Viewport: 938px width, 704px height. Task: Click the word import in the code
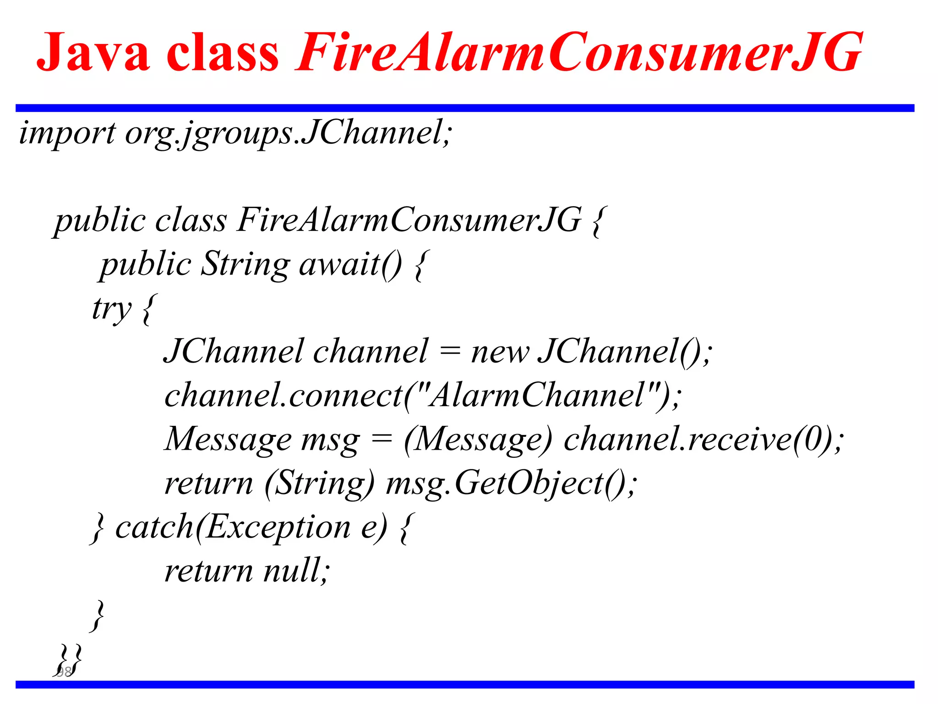(67, 133)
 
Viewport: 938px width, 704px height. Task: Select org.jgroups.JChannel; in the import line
(289, 133)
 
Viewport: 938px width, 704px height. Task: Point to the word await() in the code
(350, 264)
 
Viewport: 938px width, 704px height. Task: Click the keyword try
(112, 308)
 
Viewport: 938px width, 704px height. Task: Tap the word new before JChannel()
(500, 352)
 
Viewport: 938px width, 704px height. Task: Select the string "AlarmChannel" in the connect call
(535, 395)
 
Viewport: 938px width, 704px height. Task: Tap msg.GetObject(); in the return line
(511, 483)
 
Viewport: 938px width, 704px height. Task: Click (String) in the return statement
(319, 483)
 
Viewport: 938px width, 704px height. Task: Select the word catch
(154, 527)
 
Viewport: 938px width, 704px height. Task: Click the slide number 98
(64, 671)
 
